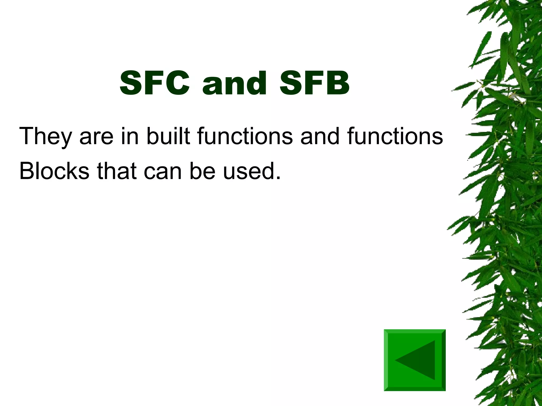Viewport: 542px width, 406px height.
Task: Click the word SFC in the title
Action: pyautogui.click(x=155, y=83)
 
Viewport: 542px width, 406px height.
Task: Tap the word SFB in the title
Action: pyautogui.click(x=314, y=83)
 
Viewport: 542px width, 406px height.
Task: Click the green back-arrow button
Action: pyautogui.click(x=415, y=360)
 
